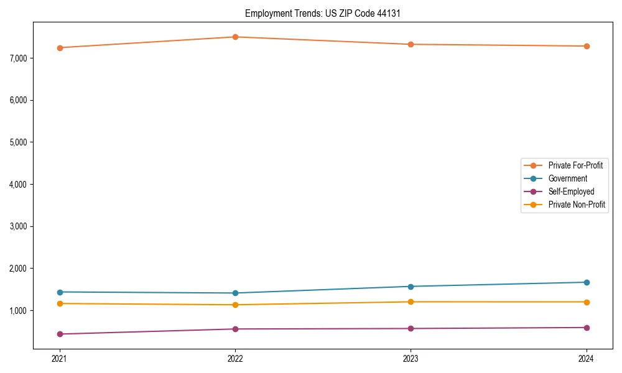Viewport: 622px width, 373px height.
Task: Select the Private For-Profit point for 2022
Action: (235, 37)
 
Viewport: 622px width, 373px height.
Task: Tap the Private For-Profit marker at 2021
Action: (60, 48)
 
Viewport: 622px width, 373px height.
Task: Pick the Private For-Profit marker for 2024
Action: (587, 46)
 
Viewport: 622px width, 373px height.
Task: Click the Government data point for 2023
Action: (411, 287)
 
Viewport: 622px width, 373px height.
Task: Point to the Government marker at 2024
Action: (587, 282)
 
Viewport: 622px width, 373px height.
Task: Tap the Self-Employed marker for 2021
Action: (60, 334)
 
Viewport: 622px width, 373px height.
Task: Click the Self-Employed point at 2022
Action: (235, 329)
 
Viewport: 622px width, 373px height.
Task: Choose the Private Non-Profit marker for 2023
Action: (411, 302)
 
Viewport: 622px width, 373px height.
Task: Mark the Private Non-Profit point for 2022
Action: (235, 305)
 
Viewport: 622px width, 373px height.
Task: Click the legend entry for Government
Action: (567, 178)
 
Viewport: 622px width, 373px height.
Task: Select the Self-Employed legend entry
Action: (571, 191)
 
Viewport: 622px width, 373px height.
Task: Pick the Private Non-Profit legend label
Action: (577, 205)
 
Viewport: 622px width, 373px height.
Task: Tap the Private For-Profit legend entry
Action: (575, 165)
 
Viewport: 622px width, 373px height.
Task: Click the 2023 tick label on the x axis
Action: (411, 359)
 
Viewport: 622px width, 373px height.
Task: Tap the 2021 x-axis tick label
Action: (60, 359)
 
